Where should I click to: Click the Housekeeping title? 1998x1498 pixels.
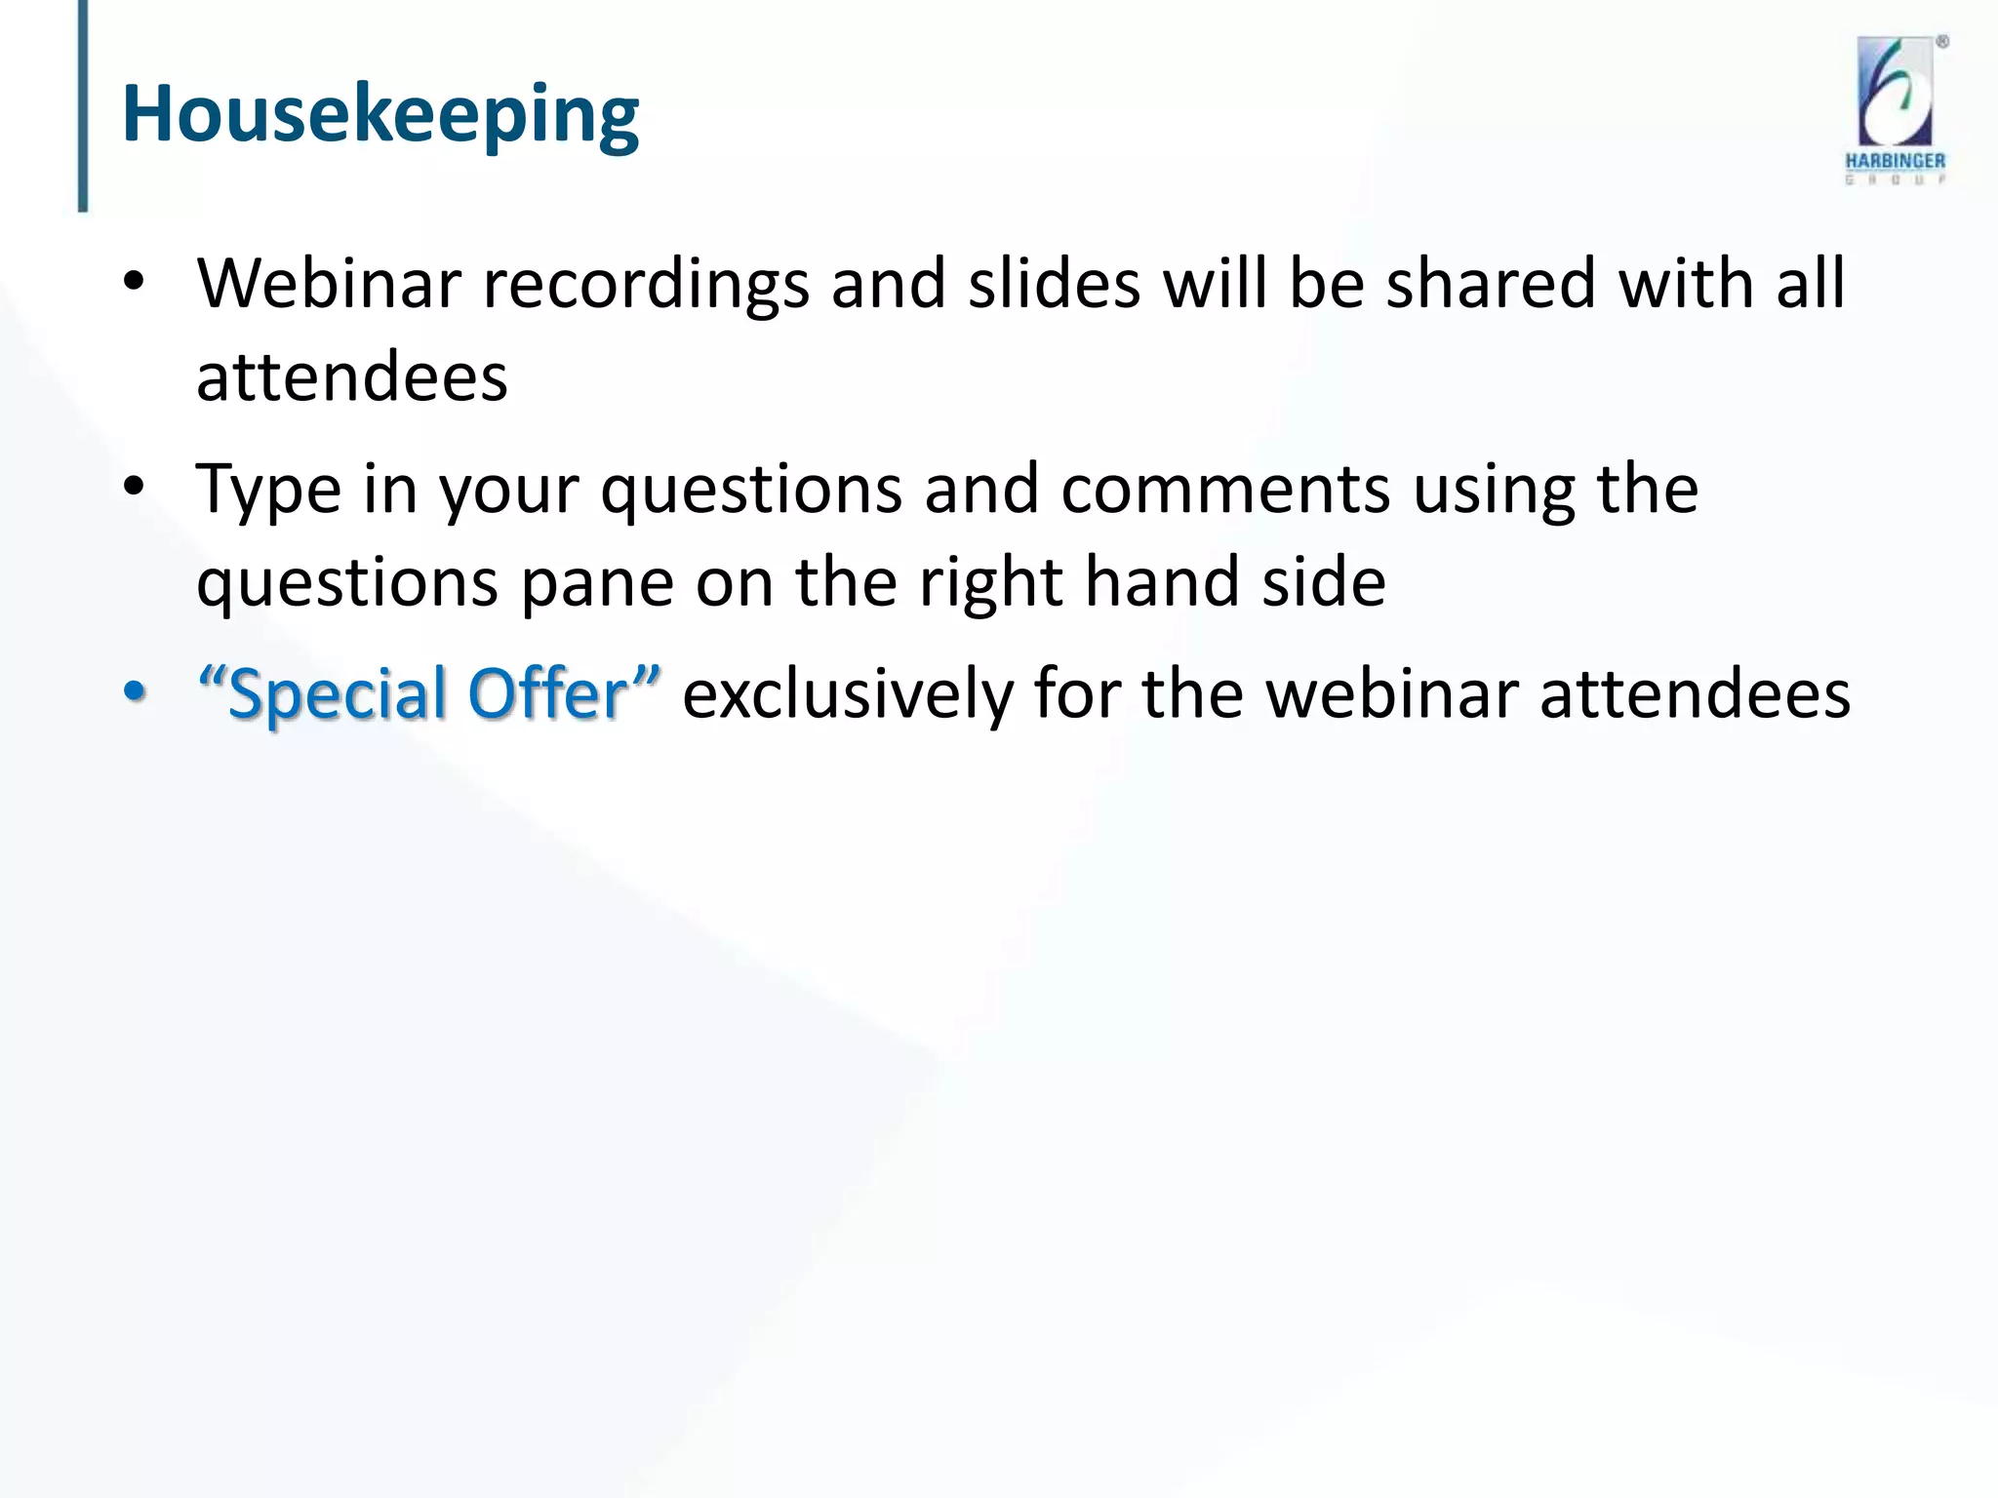[380, 115]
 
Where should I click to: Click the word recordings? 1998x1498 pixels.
[646, 285]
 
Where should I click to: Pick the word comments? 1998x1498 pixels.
[1225, 490]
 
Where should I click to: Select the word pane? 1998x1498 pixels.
[597, 583]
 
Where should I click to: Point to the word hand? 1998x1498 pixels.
[1163, 581]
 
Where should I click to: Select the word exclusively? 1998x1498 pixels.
[847, 694]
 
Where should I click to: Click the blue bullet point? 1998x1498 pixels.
[135, 691]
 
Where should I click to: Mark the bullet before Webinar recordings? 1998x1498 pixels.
[135, 282]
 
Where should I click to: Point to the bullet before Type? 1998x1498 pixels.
[135, 486]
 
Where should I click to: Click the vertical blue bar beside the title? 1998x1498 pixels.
[83, 105]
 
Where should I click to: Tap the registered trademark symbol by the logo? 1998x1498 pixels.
[1942, 42]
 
